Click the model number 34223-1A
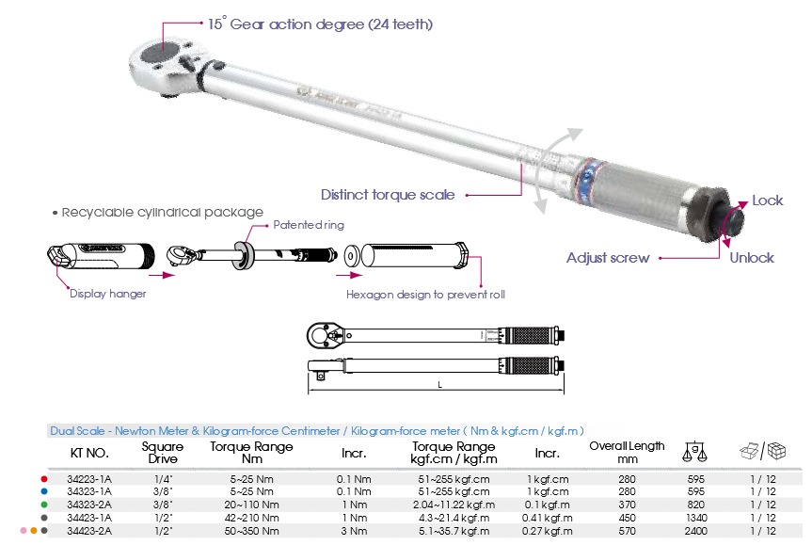[x=89, y=479]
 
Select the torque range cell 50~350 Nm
[x=251, y=531]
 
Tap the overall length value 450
[x=627, y=518]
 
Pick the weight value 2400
[x=695, y=531]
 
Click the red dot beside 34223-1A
[x=44, y=479]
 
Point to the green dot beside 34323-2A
[x=44, y=505]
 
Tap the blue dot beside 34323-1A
[x=44, y=491]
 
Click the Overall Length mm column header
[x=627, y=452]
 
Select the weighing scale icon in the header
[x=694, y=452]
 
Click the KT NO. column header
[x=89, y=454]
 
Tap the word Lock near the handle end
[x=768, y=200]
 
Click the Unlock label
[x=752, y=258]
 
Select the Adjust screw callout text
[x=608, y=258]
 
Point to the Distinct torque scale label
[x=388, y=195]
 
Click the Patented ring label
[x=309, y=225]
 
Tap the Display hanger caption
[x=107, y=294]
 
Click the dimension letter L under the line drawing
[x=439, y=385]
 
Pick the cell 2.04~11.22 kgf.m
[x=454, y=505]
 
